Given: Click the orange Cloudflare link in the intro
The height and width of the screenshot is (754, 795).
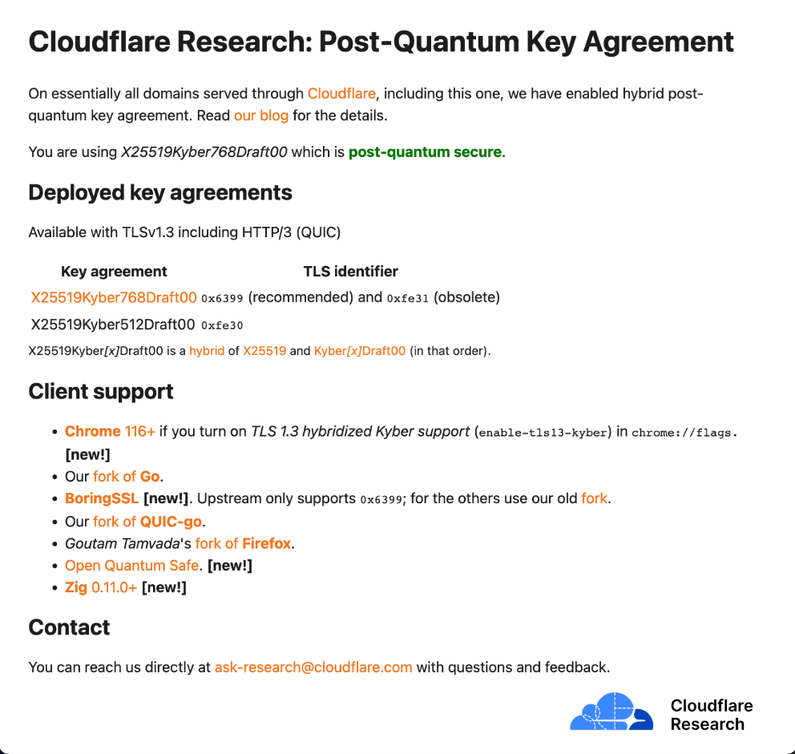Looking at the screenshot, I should [341, 94].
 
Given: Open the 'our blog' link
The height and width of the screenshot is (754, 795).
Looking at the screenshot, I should [260, 115].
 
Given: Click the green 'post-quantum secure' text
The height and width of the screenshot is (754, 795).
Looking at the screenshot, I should [425, 152].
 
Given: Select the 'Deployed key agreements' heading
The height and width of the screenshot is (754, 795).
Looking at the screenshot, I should [160, 193].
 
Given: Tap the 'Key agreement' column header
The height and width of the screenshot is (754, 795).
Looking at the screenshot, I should [114, 272].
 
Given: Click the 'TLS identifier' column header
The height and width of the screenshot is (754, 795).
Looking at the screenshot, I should [350, 272].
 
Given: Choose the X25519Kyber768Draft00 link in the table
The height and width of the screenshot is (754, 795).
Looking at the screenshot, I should [114, 298].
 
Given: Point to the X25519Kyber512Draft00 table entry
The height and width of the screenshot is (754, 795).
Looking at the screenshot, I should [113, 325].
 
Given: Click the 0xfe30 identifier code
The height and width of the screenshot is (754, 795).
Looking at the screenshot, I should [222, 325].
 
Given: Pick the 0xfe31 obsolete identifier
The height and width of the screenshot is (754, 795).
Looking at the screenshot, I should [408, 299].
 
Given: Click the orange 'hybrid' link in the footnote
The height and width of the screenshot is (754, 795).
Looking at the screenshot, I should [207, 351].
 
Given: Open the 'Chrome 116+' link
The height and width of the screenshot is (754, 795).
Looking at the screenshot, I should [110, 432].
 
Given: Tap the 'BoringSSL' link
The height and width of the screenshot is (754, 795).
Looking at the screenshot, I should [102, 498].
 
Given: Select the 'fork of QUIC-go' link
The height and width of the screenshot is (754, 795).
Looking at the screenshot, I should [148, 521].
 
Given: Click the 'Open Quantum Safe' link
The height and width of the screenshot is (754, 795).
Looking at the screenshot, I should [131, 566].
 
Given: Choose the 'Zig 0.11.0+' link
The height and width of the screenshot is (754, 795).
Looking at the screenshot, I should [101, 588].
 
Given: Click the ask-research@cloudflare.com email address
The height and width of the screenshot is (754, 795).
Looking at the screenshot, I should [313, 667].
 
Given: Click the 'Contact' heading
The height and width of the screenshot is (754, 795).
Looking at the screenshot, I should [69, 627].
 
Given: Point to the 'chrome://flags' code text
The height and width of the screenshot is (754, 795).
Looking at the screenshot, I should [683, 433].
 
